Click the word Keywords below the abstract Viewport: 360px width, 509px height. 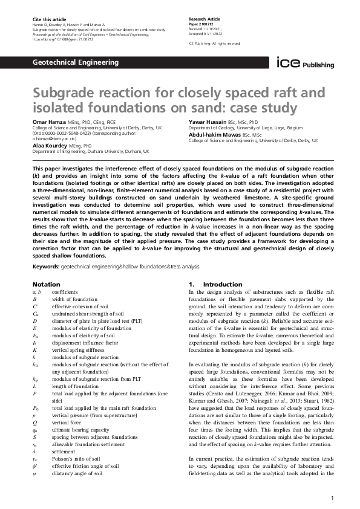point(45,266)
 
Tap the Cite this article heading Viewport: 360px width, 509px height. point(46,20)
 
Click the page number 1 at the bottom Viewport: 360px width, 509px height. point(333,498)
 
